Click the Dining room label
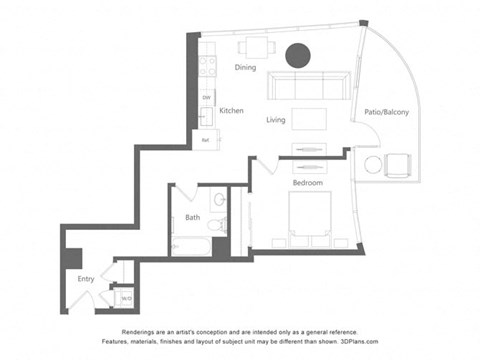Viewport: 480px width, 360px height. [245, 68]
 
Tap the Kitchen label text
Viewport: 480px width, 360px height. [232, 111]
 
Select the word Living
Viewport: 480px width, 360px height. [276, 120]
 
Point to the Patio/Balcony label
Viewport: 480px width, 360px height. [386, 112]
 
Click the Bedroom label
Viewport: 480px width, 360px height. [306, 183]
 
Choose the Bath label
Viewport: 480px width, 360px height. [192, 217]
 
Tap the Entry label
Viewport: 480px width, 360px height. [86, 278]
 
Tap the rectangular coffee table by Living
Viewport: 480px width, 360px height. [309, 118]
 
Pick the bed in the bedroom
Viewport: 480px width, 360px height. [314, 220]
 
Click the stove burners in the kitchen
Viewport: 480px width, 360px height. [208, 66]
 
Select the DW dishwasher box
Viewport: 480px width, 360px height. [207, 97]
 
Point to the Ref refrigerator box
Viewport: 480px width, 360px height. [206, 141]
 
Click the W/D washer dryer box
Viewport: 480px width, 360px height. [126, 297]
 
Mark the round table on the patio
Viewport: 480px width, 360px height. [373, 164]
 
